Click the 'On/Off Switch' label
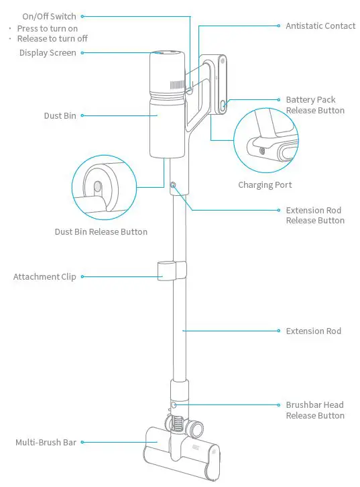pyautogui.click(x=49, y=16)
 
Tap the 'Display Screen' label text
pyautogui.click(x=47, y=53)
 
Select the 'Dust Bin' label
pyautogui.click(x=60, y=116)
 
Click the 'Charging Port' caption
pyautogui.click(x=265, y=185)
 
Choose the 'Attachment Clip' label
pyautogui.click(x=45, y=276)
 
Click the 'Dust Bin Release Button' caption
pyautogui.click(x=101, y=232)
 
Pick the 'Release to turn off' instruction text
pyautogui.click(x=52, y=39)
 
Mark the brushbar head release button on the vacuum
pyautogui.click(x=174, y=406)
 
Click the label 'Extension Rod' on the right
pyautogui.click(x=313, y=331)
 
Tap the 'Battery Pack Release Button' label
pyautogui.click(x=315, y=105)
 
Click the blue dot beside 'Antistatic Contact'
pyautogui.click(x=279, y=26)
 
